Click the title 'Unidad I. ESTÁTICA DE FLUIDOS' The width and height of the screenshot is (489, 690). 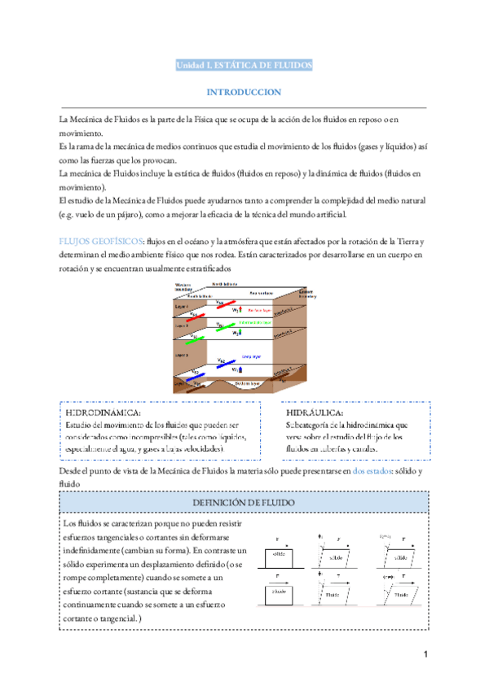(244, 65)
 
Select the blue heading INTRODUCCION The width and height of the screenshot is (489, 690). (244, 93)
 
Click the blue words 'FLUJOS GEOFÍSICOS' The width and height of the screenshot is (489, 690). (101, 242)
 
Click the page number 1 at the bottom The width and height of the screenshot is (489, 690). (425, 655)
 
